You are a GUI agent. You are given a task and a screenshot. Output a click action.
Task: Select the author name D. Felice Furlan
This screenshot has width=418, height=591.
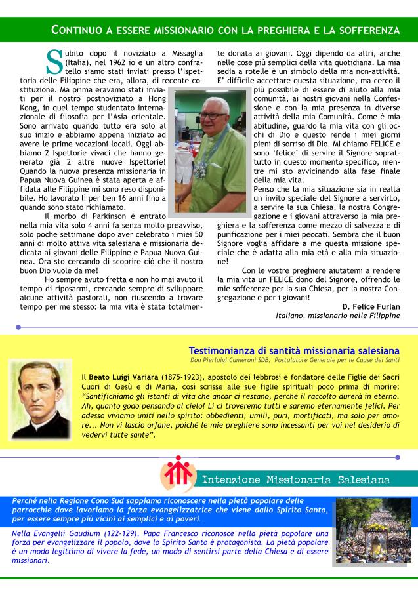point(371,306)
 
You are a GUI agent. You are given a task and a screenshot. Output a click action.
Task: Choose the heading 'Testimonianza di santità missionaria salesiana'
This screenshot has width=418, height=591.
point(293,351)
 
